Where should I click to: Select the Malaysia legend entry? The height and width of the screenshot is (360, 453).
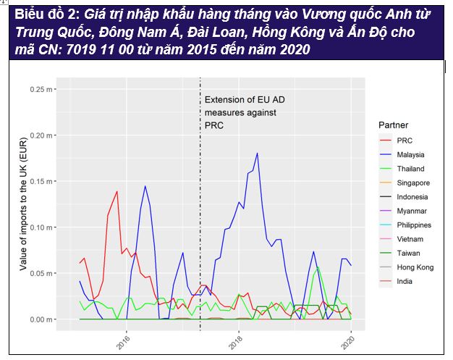410,155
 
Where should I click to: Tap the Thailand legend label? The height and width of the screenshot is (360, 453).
410,169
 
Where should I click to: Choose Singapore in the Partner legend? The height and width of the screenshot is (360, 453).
412,183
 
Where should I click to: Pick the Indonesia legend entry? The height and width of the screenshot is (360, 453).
412,197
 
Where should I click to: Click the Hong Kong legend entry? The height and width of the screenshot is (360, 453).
415,267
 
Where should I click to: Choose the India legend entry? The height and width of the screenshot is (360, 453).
405,281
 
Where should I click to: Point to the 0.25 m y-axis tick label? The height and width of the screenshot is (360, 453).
57,90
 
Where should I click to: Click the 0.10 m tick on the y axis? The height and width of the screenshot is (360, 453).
57,227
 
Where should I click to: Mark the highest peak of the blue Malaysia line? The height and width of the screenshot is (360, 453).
257,154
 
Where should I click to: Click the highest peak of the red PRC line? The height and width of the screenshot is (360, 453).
117,191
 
